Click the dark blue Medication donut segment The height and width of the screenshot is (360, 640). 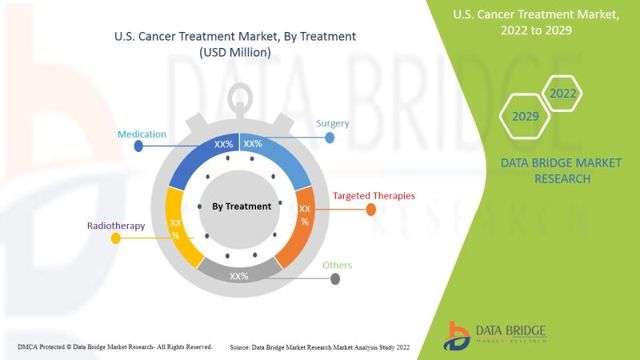click(200, 159)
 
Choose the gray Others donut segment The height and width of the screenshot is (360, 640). click(239, 271)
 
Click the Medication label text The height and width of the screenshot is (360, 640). click(142, 134)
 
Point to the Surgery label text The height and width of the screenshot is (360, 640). click(333, 123)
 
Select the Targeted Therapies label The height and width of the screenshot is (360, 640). click(374, 195)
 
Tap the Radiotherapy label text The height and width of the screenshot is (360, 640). click(116, 226)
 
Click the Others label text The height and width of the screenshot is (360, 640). click(337, 266)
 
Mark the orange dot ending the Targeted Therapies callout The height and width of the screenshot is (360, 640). click(370, 210)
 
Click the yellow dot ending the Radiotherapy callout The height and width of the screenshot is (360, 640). click(116, 238)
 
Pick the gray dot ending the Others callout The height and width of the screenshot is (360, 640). click(335, 279)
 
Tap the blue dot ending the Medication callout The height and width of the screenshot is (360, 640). click(138, 146)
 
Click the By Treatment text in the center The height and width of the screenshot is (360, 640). click(242, 206)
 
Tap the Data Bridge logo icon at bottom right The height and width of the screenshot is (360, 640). click(457, 336)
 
